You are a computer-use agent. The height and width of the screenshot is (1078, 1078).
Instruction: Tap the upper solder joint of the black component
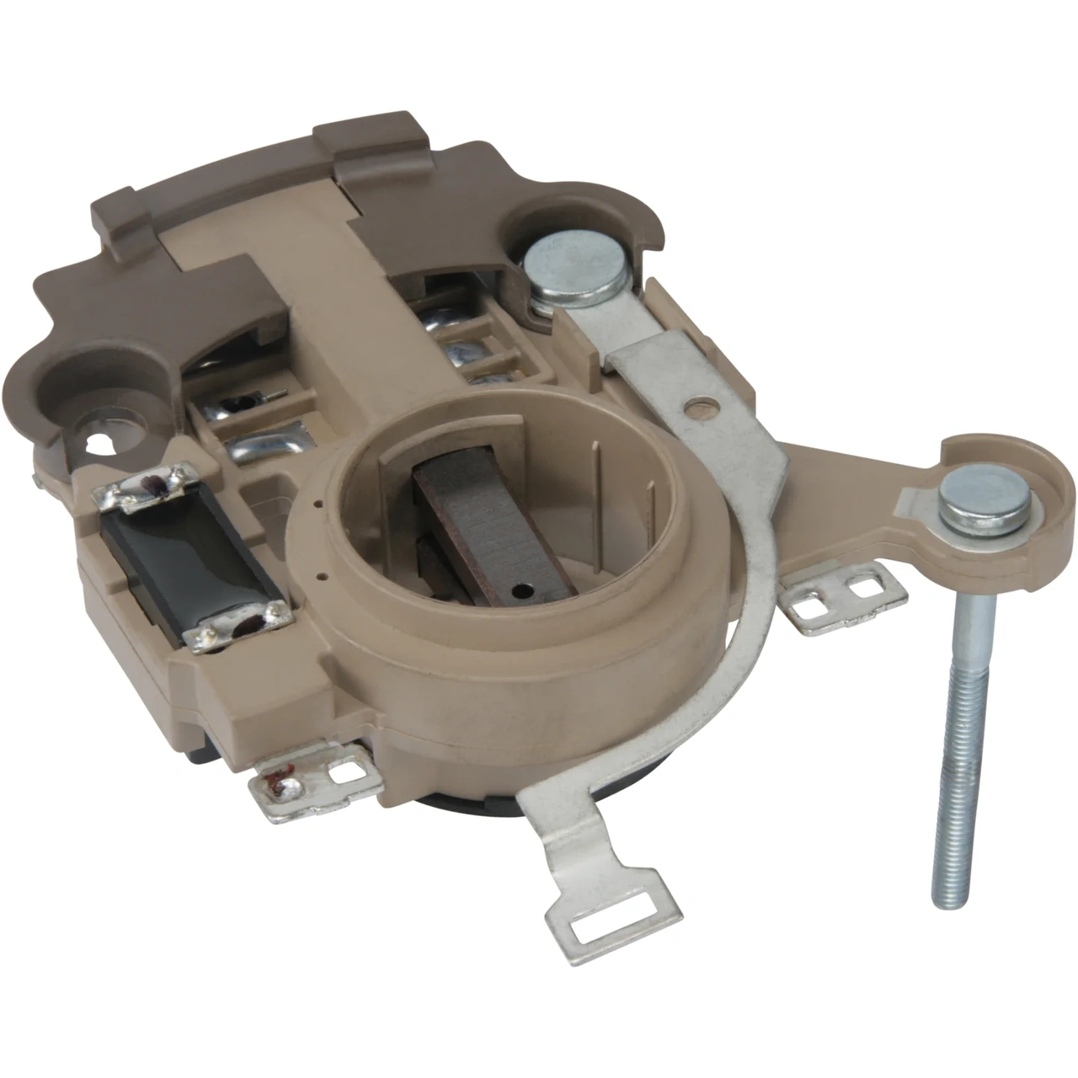(x=152, y=490)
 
